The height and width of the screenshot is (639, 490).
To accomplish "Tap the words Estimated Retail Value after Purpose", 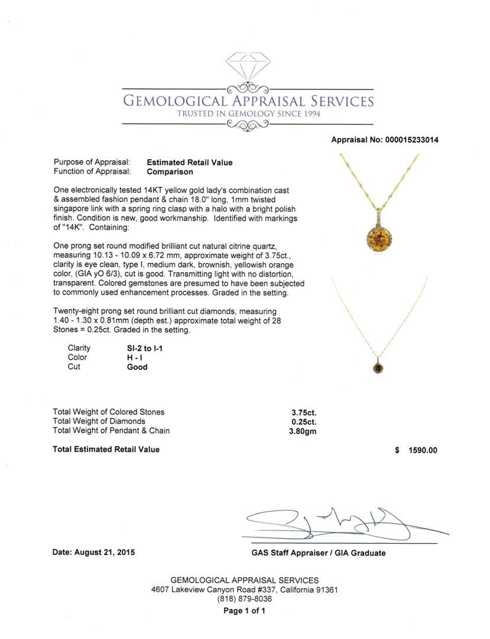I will tap(190, 163).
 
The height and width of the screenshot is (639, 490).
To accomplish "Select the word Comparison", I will tap(170, 172).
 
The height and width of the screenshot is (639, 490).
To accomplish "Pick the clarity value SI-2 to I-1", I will tap(145, 348).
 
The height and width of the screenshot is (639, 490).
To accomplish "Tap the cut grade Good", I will tap(137, 367).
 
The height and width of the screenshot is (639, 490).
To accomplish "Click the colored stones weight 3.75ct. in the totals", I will tap(304, 412).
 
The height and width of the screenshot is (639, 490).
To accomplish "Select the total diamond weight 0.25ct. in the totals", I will tap(304, 422).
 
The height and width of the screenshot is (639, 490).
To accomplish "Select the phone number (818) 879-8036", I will tap(245, 599).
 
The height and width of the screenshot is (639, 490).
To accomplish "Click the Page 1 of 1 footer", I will tap(245, 612).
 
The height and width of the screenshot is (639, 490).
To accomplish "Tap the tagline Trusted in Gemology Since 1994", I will tap(248, 114).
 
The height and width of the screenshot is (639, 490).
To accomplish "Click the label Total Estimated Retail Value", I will tap(106, 450).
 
